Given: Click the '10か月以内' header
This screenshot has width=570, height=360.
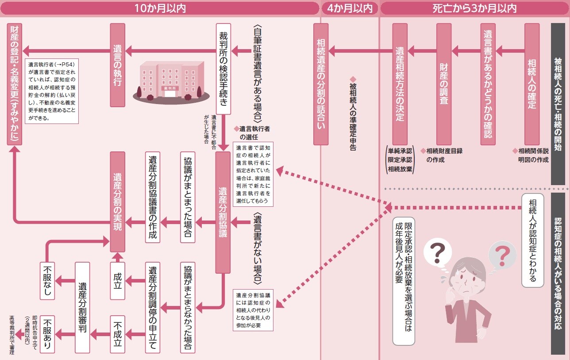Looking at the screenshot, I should [159, 8].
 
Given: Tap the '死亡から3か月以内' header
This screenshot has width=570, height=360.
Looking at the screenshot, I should [475, 8].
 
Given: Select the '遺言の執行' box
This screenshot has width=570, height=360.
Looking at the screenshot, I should [117, 65].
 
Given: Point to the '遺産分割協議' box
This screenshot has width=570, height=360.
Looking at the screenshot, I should [223, 213].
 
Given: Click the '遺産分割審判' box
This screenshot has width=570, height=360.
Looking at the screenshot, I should [82, 307].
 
